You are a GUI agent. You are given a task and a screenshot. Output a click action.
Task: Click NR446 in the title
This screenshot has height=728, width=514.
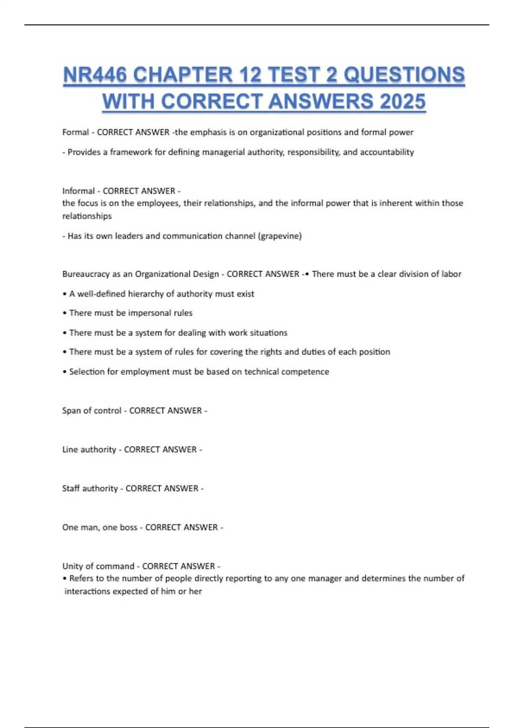click(95, 75)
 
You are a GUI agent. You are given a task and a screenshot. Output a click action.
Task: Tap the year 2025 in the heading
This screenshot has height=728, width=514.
click(402, 101)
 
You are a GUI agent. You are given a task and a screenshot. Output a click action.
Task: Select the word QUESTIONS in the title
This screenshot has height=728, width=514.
click(404, 75)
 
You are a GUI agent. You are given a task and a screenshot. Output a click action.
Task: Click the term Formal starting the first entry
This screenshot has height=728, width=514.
click(75, 132)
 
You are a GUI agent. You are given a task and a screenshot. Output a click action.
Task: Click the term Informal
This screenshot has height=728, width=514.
click(78, 191)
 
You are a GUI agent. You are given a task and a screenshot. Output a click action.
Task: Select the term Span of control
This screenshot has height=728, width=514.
click(92, 411)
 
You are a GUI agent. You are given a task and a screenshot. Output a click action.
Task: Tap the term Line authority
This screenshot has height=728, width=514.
click(89, 450)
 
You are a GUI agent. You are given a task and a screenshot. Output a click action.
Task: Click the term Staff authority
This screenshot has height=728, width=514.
click(90, 489)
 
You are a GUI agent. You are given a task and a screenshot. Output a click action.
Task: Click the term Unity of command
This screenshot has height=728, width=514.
click(98, 566)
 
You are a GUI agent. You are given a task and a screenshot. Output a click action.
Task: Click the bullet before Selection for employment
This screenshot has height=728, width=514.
click(65, 372)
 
